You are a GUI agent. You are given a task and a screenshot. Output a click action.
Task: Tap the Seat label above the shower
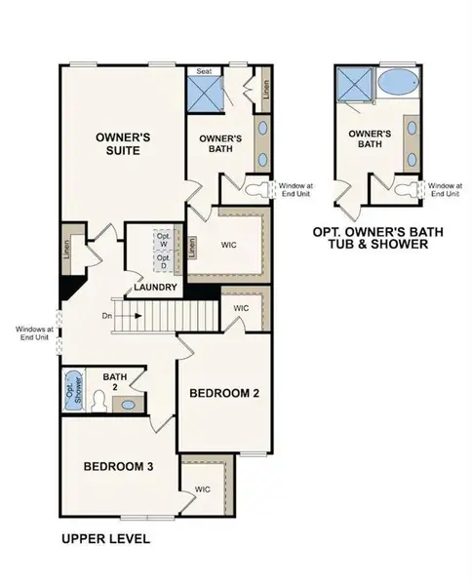click(205, 70)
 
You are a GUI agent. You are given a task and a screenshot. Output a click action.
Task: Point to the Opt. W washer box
click(164, 240)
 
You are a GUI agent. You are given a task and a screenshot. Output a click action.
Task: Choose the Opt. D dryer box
click(164, 261)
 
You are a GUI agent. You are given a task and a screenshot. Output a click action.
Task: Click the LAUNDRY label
click(156, 288)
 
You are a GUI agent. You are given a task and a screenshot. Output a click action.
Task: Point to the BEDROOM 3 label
click(117, 466)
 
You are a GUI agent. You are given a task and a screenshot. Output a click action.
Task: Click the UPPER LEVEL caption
click(105, 537)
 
